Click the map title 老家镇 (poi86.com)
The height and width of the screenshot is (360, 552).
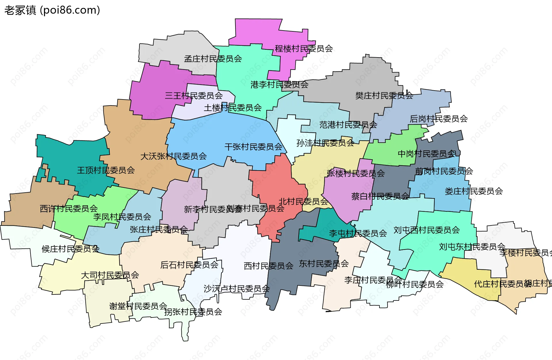(52, 10)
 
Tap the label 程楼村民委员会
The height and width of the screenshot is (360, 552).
(304, 49)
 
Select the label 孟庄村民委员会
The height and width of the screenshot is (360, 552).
(213, 59)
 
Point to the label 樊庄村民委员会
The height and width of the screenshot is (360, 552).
(384, 95)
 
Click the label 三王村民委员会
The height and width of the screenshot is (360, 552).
(193, 95)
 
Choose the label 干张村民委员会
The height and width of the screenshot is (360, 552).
(253, 147)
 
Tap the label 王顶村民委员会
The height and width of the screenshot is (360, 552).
(106, 170)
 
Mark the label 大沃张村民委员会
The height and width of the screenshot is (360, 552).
(173, 156)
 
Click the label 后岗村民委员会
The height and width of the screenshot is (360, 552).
(438, 119)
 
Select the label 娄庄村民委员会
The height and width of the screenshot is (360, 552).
(474, 191)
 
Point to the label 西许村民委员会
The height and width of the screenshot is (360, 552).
(68, 208)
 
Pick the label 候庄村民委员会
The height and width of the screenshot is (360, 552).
(70, 249)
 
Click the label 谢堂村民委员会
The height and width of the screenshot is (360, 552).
(138, 306)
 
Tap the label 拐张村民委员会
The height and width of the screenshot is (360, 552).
(193, 312)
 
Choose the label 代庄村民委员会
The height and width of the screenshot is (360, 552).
(499, 284)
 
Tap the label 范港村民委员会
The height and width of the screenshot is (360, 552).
(348, 125)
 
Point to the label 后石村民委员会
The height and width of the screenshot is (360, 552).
(189, 265)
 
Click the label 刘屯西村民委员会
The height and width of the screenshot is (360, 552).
(426, 230)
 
